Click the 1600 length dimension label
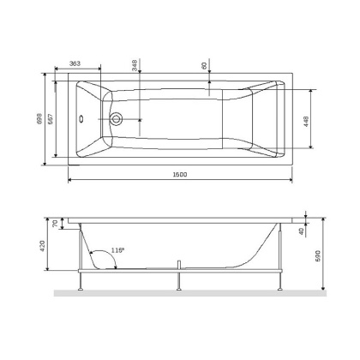coord(178,175)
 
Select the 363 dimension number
coord(75,64)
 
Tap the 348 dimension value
coord(135,65)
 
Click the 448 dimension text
coord(306,121)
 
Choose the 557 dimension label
coord(51,121)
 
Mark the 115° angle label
coord(118,250)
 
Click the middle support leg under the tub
coord(179,280)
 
